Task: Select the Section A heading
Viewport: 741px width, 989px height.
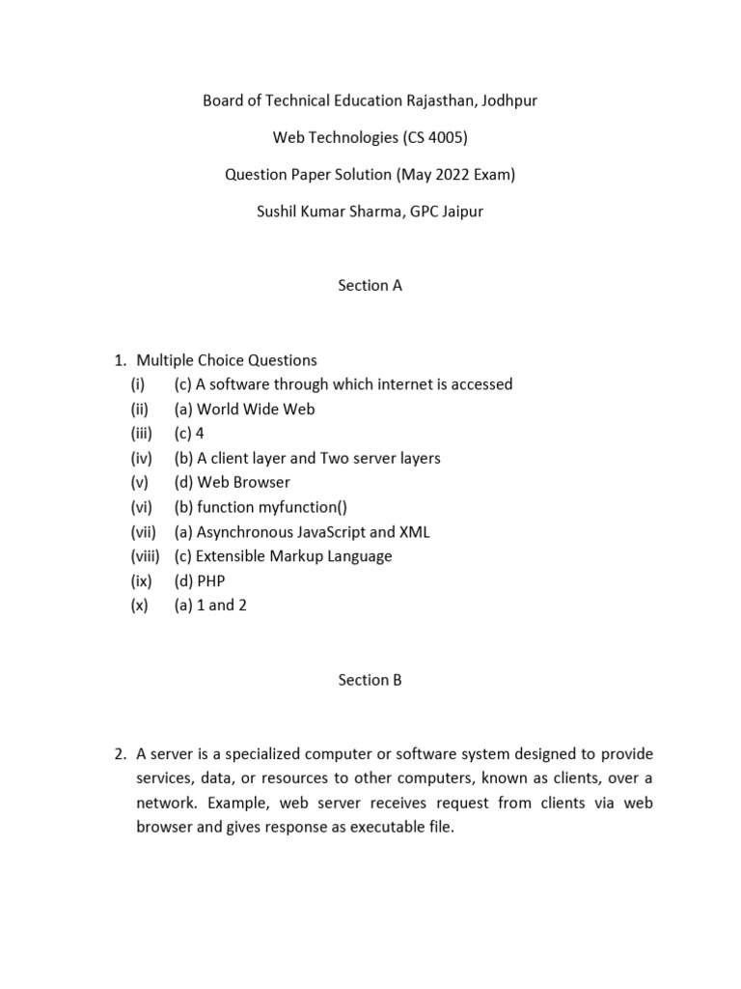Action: (370, 285)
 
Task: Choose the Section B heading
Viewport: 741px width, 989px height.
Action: (370, 680)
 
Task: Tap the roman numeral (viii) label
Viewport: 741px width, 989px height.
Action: (146, 556)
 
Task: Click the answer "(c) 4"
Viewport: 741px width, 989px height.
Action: (189, 434)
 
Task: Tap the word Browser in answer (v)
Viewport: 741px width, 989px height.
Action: (261, 482)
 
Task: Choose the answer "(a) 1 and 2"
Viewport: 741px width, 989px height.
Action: (210, 607)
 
